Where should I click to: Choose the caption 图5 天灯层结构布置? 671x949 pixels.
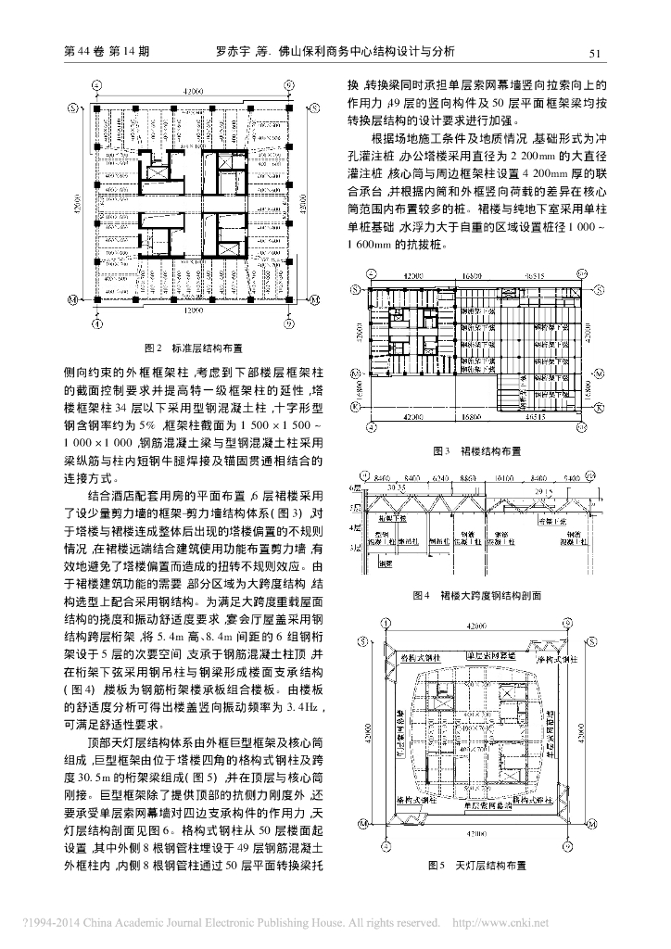pos(476,866)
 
